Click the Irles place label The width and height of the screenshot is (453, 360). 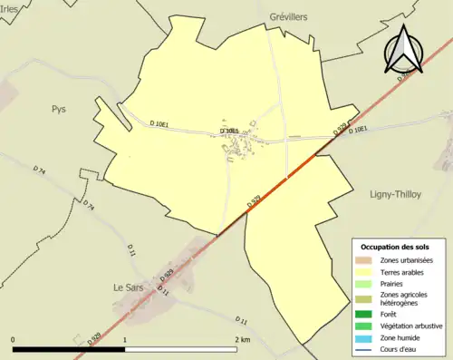pos(10,7)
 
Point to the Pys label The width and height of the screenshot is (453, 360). pos(59,109)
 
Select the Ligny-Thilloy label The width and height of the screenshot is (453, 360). pos(396,194)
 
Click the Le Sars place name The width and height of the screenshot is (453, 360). pos(129,287)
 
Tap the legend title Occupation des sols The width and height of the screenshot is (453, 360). pos(396,247)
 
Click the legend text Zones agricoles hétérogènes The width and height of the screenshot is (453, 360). pos(405,298)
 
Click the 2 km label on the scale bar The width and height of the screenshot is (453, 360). pos(241,340)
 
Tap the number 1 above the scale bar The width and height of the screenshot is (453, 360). pos(124,340)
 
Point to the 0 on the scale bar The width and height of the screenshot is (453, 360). pos(13,340)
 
